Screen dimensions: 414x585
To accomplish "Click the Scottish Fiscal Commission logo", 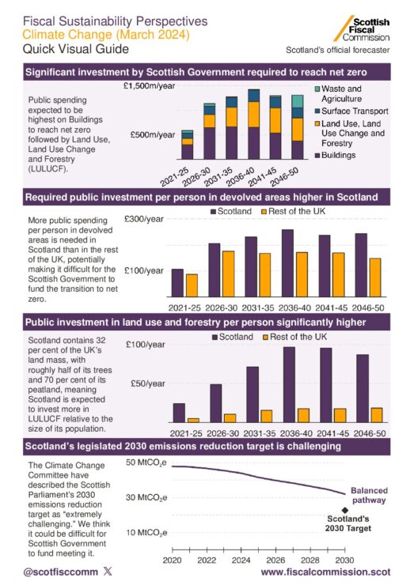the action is (362, 28).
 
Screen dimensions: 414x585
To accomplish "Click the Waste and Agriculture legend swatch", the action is (317, 89).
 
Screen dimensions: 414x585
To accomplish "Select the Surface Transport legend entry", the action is (351, 111).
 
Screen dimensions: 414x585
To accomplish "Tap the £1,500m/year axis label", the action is (149, 86).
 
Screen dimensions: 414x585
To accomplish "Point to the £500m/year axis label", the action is (153, 134).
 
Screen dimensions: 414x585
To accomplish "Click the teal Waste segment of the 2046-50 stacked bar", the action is (298, 101).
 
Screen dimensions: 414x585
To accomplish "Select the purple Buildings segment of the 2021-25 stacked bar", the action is (187, 153).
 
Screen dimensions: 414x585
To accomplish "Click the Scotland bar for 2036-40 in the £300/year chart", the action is (287, 263).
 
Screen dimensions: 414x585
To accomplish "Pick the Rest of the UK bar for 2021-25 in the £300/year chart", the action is (192, 285).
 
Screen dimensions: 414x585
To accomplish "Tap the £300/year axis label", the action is (144, 219).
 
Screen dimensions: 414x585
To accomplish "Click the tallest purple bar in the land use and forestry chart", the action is (289, 385).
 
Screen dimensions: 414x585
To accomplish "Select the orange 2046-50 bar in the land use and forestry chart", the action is (377, 415).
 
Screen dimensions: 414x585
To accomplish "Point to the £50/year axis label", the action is (147, 383).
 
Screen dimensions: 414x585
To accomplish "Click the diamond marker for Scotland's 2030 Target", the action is (345, 510).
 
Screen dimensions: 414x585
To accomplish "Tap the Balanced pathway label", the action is (369, 496).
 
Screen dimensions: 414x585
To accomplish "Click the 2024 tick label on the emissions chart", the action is (241, 560).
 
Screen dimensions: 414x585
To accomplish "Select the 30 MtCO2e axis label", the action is (146, 498).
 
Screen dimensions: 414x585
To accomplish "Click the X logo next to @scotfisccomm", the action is (108, 572).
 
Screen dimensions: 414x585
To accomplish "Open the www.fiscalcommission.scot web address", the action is (325, 572).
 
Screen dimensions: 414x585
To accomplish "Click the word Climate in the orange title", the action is (43, 35).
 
